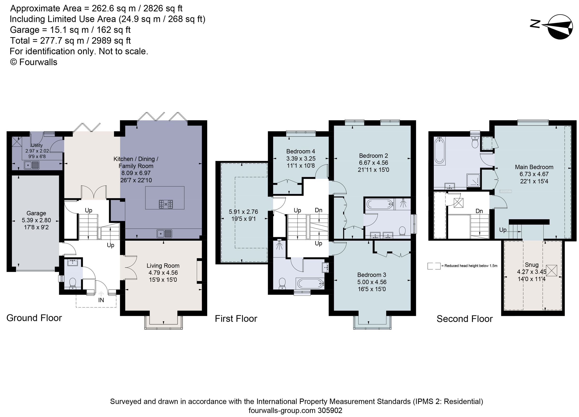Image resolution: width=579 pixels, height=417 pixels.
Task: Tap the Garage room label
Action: [36, 213]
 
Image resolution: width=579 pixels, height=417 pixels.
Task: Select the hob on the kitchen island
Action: [166, 204]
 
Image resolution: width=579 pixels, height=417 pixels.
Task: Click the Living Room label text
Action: [163, 266]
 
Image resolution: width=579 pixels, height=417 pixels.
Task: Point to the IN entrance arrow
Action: [101, 294]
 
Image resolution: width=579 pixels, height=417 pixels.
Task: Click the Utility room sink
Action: [32, 165]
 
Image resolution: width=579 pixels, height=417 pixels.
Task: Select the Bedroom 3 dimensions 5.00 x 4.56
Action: [372, 282]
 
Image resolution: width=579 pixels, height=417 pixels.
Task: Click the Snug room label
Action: [531, 265]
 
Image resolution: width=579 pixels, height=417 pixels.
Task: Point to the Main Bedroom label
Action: [534, 167]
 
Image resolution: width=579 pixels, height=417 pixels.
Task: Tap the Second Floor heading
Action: [464, 319]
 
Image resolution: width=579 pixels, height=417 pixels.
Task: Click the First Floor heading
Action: [236, 319]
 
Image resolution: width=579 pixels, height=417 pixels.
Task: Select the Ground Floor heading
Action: [34, 318]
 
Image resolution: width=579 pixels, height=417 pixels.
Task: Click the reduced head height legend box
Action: [434, 266]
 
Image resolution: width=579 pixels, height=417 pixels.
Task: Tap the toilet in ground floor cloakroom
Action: [73, 283]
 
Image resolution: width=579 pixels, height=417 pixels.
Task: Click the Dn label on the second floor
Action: [479, 211]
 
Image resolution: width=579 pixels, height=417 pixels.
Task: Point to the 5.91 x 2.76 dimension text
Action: [243, 212]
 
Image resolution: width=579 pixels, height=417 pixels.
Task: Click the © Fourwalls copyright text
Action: [34, 62]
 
